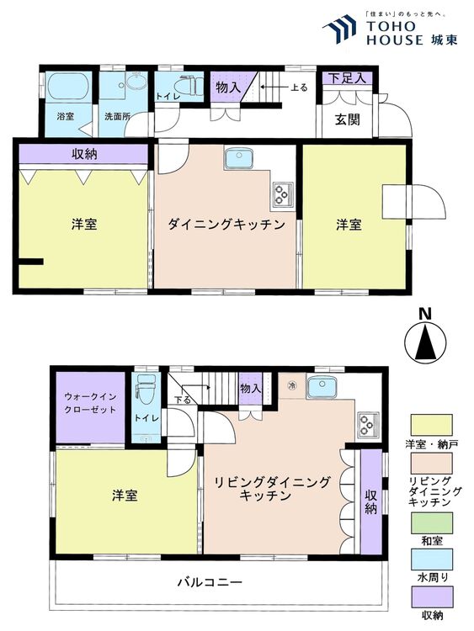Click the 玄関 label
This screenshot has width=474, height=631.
point(347,120)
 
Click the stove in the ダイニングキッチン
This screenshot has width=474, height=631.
point(280,195)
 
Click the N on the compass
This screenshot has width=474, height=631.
point(425,315)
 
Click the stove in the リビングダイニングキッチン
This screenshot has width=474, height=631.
point(367,423)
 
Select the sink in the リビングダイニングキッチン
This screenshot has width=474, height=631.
point(322,388)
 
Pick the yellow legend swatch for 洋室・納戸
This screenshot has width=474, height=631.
point(432,422)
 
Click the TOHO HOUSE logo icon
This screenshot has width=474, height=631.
point(340,29)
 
